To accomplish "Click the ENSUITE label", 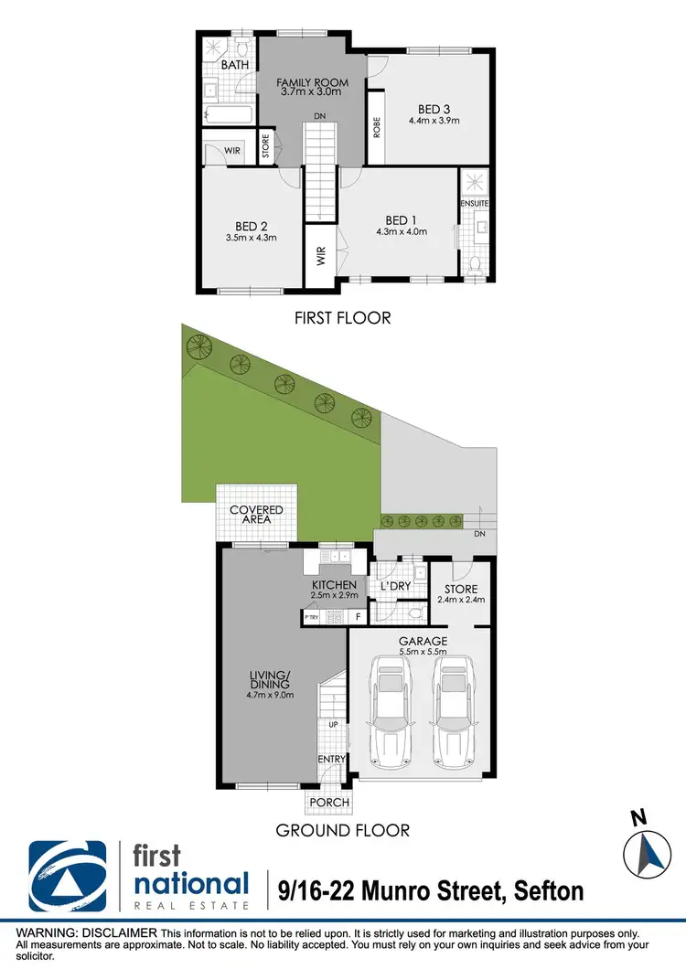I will [475, 202].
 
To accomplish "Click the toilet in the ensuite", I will [475, 262].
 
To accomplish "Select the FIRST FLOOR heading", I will [342, 318].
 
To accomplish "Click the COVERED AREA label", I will [256, 516].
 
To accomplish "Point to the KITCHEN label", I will [333, 585].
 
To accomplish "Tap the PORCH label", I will [329, 803].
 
